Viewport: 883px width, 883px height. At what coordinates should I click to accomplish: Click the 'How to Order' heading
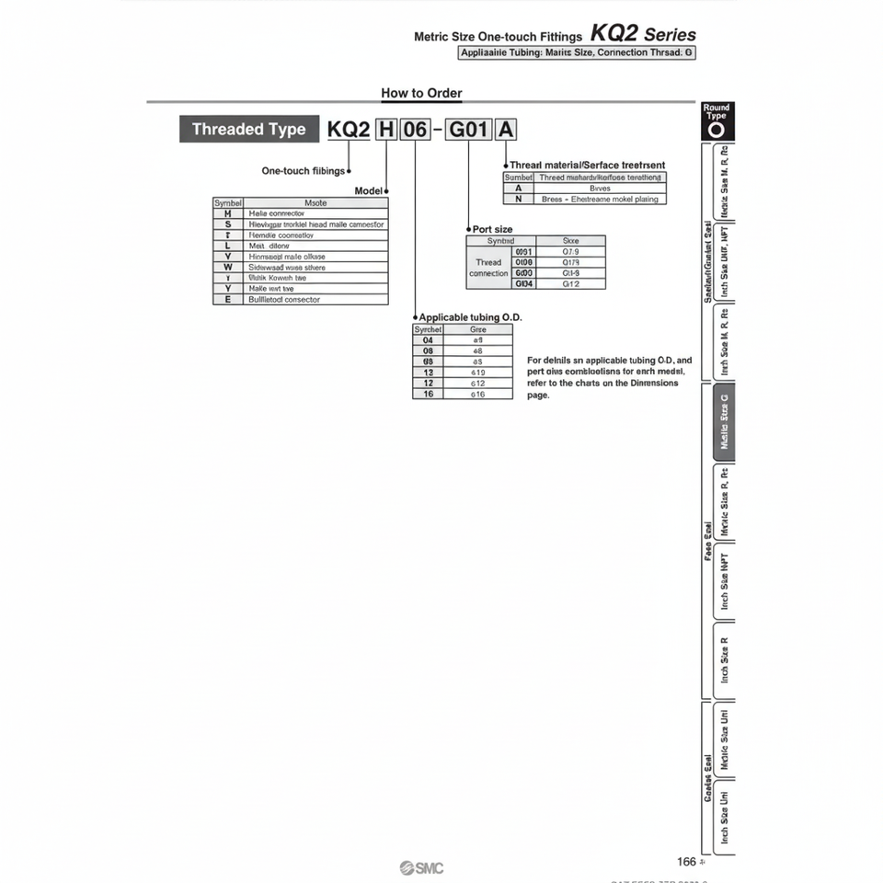(x=421, y=93)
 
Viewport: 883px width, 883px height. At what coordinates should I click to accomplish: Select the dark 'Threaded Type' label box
(x=248, y=130)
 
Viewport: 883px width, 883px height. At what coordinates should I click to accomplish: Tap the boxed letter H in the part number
(x=386, y=130)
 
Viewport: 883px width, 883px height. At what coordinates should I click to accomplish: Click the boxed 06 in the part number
(x=416, y=130)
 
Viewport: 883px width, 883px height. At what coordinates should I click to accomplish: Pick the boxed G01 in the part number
(x=467, y=130)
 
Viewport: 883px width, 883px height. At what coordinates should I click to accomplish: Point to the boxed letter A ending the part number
(x=505, y=130)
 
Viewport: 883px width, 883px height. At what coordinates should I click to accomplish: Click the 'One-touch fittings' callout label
(x=304, y=171)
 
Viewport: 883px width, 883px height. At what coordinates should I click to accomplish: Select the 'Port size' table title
(x=492, y=229)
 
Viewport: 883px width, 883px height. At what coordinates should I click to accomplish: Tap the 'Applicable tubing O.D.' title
(x=470, y=317)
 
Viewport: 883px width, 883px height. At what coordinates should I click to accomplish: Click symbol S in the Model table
(x=227, y=224)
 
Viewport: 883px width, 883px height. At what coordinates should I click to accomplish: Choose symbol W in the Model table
(x=227, y=267)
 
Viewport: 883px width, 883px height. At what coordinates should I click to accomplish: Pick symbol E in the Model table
(x=227, y=299)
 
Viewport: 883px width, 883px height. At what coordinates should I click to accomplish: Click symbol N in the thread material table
(x=519, y=199)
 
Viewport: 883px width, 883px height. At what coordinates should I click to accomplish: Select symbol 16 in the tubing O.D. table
(x=428, y=394)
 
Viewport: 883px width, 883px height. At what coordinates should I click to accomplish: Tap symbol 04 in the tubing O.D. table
(x=428, y=339)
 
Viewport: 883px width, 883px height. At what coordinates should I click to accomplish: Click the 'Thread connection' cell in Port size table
(x=488, y=268)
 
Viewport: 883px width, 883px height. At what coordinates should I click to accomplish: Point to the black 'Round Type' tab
(x=717, y=120)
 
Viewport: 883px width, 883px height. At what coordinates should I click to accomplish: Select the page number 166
(x=686, y=862)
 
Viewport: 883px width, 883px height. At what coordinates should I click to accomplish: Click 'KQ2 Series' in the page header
(x=643, y=34)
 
